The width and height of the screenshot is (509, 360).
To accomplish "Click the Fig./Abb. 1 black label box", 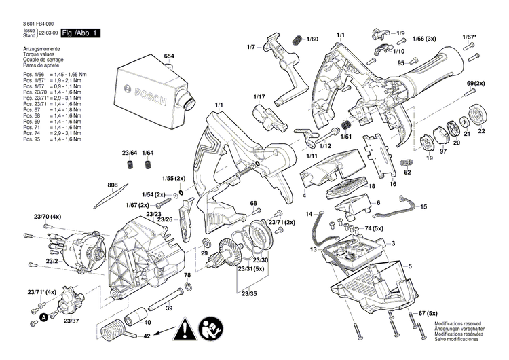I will (81, 33).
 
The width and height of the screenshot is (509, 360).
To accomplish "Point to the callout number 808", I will (113, 185).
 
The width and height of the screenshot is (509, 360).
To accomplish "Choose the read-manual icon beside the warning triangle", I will (210, 331).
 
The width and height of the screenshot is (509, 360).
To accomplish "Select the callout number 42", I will (166, 335).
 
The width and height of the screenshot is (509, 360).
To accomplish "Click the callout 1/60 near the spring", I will (312, 39).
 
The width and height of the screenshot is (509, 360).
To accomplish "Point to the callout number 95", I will (401, 63).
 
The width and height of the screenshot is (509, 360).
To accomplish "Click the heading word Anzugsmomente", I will (39, 50).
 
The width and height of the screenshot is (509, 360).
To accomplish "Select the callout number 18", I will (372, 186).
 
